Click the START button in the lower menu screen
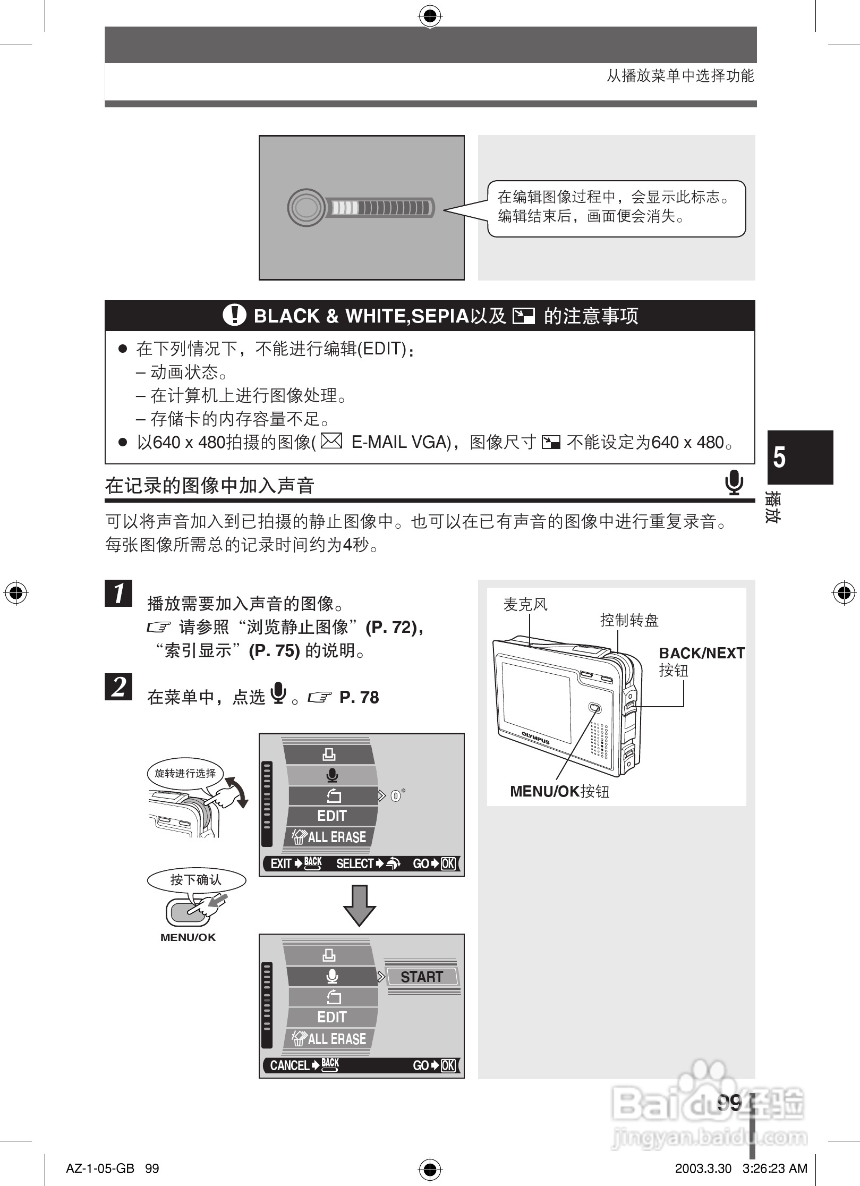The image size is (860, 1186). [x=421, y=977]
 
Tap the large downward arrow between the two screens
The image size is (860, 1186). [x=360, y=905]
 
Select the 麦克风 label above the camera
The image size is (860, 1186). [x=525, y=604]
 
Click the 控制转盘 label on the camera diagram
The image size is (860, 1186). [x=629, y=620]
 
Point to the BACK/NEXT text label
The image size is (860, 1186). [x=701, y=653]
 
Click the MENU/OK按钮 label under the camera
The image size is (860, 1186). [x=559, y=791]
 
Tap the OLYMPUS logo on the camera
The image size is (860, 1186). [x=535, y=738]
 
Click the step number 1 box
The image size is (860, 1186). [x=118, y=593]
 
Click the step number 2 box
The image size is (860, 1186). [x=118, y=687]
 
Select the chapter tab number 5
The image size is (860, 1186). [x=779, y=458]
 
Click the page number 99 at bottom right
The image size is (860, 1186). [x=729, y=1103]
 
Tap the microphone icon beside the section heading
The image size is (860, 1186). [x=734, y=482]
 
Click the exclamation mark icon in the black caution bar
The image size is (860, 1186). [x=234, y=315]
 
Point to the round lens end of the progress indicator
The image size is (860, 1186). [x=306, y=207]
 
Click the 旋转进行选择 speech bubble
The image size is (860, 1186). [x=185, y=773]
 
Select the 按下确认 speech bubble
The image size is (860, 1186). [x=195, y=880]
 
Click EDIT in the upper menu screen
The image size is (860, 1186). [x=331, y=816]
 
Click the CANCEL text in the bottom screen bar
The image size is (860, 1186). [x=289, y=1065]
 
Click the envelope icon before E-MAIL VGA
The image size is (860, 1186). [x=331, y=442]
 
